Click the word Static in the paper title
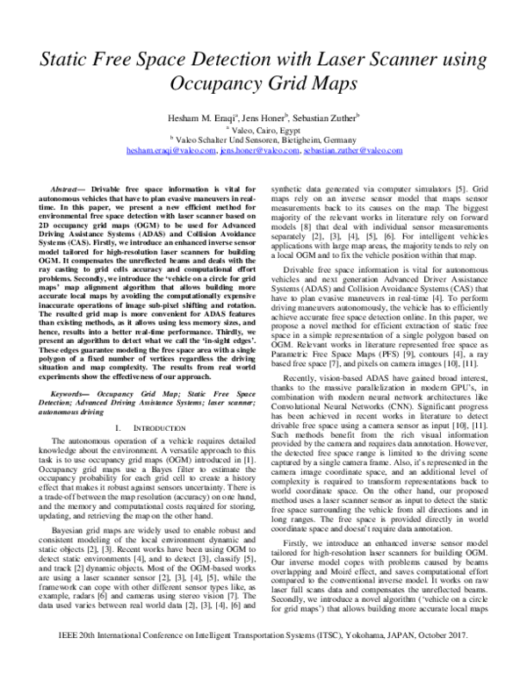point(63,61)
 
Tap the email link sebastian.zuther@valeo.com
point(346,150)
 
